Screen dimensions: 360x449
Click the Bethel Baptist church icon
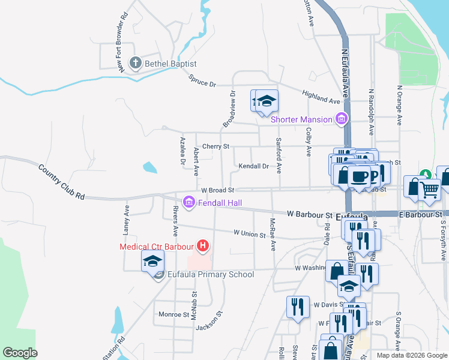click(x=136, y=62)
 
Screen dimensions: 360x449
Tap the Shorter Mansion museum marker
click(x=342, y=119)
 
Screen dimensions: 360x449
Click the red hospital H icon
click(x=203, y=246)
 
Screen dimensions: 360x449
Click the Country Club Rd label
click(x=61, y=181)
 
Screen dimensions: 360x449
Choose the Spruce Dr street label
click(x=202, y=80)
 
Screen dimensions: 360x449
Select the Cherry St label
click(x=215, y=146)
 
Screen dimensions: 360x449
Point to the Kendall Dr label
click(x=253, y=166)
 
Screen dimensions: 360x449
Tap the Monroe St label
click(x=173, y=314)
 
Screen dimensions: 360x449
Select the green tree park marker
click(x=426, y=175)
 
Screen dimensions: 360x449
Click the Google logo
click(x=20, y=352)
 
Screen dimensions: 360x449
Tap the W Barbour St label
click(x=309, y=214)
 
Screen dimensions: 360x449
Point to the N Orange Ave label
click(x=399, y=105)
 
